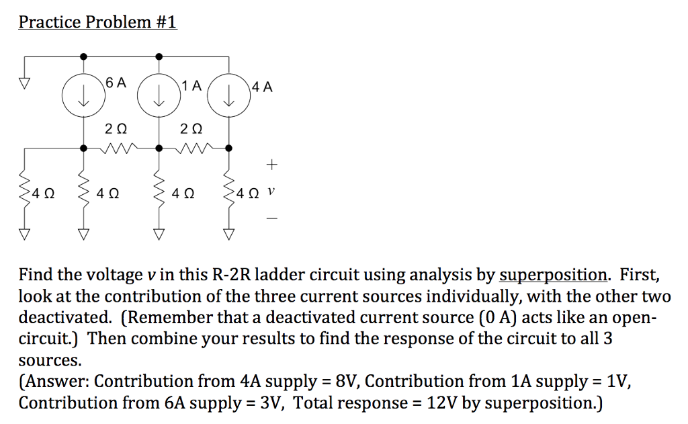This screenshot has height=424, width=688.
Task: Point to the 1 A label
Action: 191,85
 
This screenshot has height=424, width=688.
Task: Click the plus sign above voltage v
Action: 271,163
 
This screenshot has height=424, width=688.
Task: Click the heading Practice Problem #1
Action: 97,22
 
